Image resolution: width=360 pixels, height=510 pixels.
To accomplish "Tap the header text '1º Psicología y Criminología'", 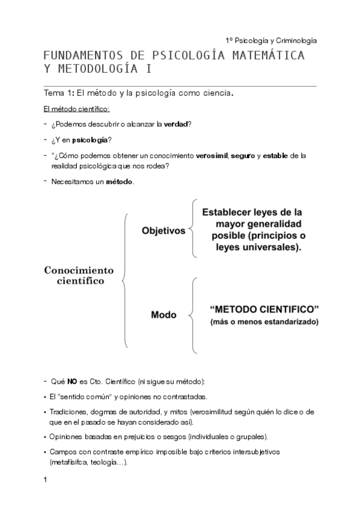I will click(x=271, y=40).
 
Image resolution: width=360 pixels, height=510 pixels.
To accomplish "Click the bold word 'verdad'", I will click(x=176, y=124).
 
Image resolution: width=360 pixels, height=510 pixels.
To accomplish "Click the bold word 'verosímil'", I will click(x=212, y=156).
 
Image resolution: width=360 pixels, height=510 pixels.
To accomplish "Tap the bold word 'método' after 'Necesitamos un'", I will click(x=120, y=182).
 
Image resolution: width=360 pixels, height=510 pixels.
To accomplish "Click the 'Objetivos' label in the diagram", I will click(x=163, y=230).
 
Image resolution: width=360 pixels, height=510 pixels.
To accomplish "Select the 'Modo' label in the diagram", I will click(x=163, y=315).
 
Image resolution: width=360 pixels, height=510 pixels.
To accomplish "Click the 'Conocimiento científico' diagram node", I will click(x=79, y=275).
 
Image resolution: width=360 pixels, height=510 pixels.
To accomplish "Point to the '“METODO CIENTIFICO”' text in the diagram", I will click(x=264, y=309).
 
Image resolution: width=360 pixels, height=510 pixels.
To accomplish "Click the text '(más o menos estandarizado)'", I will click(x=264, y=322).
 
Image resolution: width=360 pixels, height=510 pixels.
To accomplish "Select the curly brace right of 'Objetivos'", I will click(x=191, y=229).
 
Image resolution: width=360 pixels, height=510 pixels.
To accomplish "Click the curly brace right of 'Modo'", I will click(x=192, y=315).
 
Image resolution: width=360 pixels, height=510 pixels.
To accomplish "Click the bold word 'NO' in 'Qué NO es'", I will click(x=72, y=382).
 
